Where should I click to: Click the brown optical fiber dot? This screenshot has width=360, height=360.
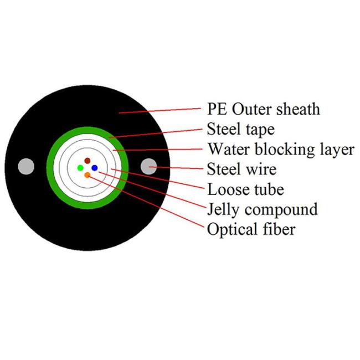(88, 161)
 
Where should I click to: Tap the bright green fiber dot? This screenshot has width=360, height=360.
(80, 168)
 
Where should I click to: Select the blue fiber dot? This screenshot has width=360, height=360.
(95, 168)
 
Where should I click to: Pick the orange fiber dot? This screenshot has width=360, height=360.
(88, 175)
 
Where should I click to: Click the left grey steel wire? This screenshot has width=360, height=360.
(26, 167)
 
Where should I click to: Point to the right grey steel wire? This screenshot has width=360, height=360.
(148, 167)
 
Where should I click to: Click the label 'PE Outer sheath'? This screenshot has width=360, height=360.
(263, 109)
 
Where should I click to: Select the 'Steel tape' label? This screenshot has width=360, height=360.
(240, 130)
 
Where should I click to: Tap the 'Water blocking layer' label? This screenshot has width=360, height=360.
(281, 150)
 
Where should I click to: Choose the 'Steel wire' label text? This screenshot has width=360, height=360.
(241, 169)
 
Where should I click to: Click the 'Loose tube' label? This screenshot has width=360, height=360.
(245, 189)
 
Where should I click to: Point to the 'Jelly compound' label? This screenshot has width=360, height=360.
(263, 210)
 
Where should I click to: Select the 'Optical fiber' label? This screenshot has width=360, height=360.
(251, 229)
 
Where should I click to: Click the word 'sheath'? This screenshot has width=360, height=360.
(298, 109)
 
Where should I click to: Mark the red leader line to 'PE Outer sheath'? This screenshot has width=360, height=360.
(160, 111)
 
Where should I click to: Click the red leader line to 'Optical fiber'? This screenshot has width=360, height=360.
(146, 202)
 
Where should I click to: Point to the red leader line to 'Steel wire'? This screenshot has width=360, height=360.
(176, 168)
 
